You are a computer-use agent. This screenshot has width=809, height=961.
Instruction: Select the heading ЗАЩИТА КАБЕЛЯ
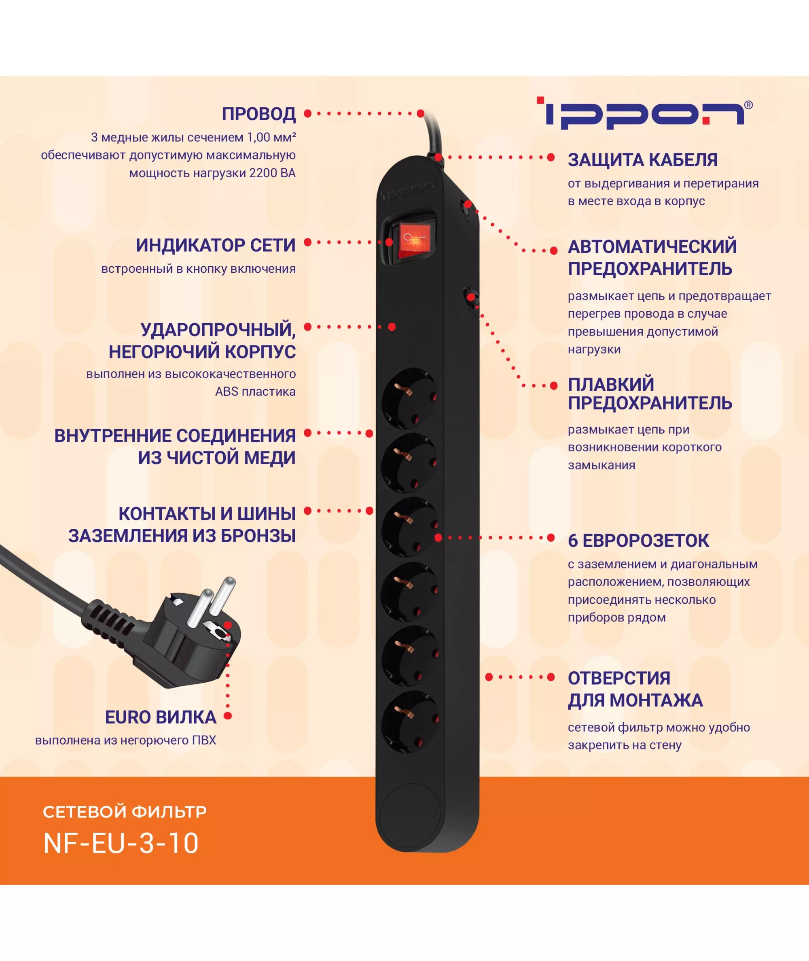pos(642,160)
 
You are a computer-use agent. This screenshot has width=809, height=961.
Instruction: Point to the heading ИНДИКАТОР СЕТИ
pos(216,246)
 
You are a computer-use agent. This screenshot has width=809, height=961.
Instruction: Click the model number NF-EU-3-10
pos(121,843)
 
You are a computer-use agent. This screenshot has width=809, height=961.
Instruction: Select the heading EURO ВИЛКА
pos(161,717)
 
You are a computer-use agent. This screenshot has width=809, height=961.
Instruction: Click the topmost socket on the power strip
pos(409,398)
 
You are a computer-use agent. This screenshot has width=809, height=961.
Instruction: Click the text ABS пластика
pos(256,392)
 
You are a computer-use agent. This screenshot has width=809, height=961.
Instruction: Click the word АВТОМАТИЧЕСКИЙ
pos(652,247)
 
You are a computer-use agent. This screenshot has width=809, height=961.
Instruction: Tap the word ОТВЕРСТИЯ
pos(619,679)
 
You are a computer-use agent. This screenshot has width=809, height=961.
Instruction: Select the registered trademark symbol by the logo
pos(748,105)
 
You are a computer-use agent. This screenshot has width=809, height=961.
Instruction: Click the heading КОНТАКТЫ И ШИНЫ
pos(207,514)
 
